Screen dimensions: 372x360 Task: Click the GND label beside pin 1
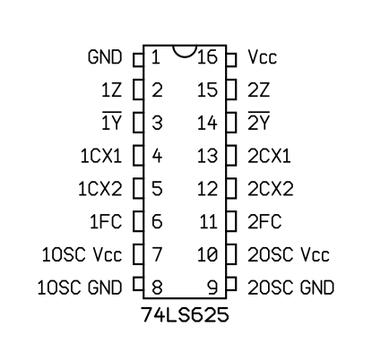105,57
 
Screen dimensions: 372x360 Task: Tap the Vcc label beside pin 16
263,57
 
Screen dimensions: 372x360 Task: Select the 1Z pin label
111,90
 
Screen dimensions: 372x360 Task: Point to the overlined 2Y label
259,121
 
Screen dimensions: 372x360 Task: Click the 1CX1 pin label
101,156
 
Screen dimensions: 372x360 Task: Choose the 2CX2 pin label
271,189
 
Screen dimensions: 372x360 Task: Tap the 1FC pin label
106,221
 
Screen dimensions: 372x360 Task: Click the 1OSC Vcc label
82,254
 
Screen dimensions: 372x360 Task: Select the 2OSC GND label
291,287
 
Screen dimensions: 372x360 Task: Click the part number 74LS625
185,314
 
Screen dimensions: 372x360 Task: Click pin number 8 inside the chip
157,287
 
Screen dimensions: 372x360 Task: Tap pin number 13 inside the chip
207,156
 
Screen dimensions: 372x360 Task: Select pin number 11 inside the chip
208,221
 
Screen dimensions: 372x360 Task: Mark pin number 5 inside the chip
157,189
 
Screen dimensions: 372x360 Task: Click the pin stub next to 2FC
231,221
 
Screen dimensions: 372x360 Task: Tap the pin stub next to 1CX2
138,188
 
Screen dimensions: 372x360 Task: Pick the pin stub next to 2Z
231,90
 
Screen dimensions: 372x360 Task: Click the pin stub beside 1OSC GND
138,284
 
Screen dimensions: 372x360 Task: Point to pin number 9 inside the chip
212,287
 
